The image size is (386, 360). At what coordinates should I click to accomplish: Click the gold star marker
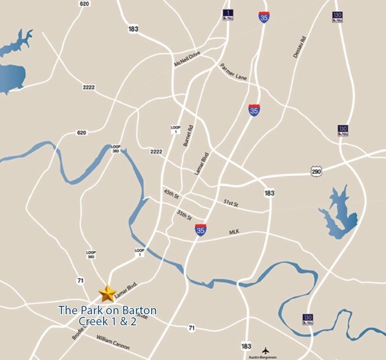tap(108, 293)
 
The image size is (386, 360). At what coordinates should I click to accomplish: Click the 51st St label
tap(230, 203)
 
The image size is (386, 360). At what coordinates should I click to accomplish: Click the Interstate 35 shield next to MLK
tap(201, 230)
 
